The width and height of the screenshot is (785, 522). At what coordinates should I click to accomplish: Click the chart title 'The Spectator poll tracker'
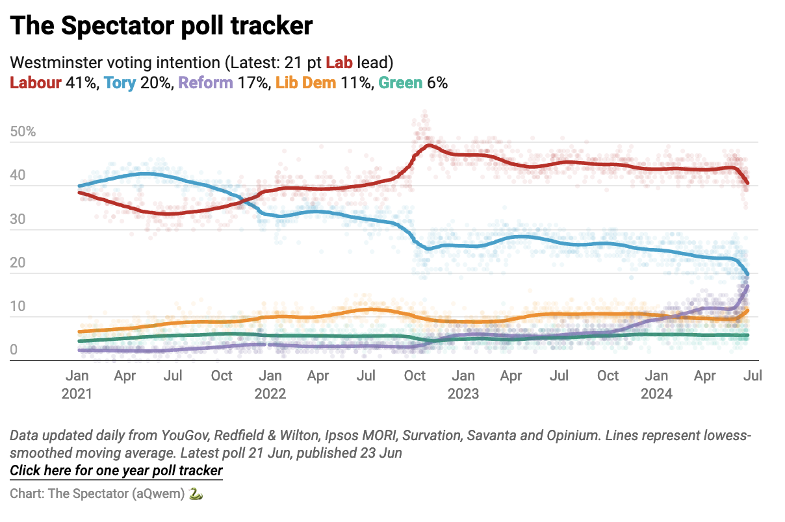pyautogui.click(x=161, y=25)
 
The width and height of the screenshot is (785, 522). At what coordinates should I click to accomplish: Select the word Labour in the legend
pyautogui.click(x=36, y=83)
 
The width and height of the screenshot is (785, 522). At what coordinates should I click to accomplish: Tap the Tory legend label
pyautogui.click(x=120, y=83)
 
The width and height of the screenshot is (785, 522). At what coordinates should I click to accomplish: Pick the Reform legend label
pyautogui.click(x=205, y=83)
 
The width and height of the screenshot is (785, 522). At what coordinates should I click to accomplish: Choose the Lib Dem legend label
pyautogui.click(x=305, y=83)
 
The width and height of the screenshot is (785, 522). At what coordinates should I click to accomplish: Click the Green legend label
pyautogui.click(x=400, y=83)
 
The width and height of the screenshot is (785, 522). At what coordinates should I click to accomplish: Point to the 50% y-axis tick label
pyautogui.click(x=23, y=132)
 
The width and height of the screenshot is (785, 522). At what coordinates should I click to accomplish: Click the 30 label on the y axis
pyautogui.click(x=18, y=219)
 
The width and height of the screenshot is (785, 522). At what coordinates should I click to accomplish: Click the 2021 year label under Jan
pyautogui.click(x=77, y=393)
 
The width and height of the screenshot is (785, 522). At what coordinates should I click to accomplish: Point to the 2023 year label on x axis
pyautogui.click(x=463, y=393)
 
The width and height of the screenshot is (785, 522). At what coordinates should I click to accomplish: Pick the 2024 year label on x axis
pyautogui.click(x=656, y=393)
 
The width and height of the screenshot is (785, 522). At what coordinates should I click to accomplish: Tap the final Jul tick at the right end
pyautogui.click(x=753, y=376)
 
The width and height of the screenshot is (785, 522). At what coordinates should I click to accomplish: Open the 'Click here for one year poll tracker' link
pyautogui.click(x=116, y=471)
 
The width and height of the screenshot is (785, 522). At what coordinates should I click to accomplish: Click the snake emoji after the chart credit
pyautogui.click(x=196, y=493)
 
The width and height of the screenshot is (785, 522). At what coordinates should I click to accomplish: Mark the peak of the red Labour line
pyautogui.click(x=428, y=145)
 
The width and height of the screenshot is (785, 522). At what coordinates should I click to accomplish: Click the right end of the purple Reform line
pyautogui.click(x=748, y=286)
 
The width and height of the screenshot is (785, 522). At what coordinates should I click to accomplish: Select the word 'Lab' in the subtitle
pyautogui.click(x=340, y=63)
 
